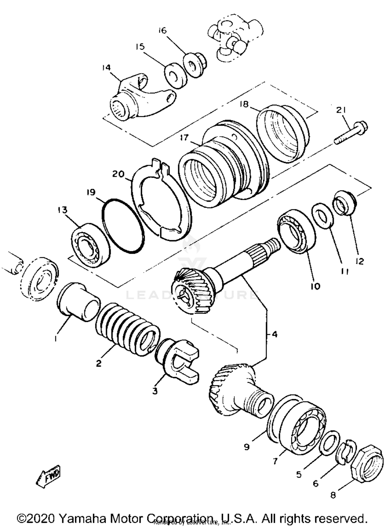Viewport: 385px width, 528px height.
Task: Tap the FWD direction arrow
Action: click(49, 476)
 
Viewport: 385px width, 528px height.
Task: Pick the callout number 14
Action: click(106, 68)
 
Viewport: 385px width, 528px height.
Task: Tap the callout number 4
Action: click(274, 334)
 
